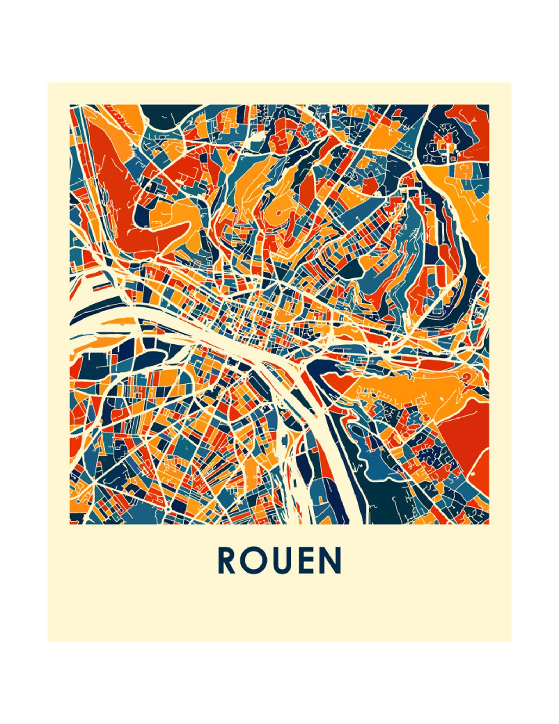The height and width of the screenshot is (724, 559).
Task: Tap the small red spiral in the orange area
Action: [467, 378]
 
